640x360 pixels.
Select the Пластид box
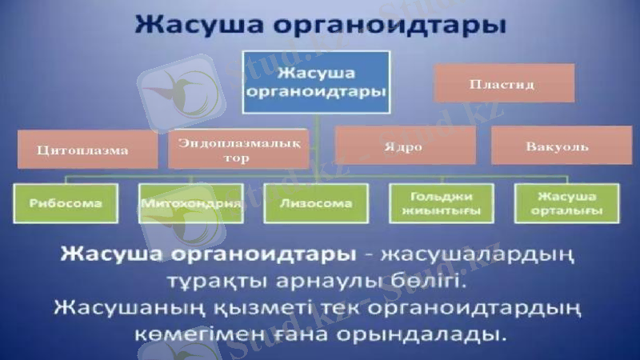click(504, 83)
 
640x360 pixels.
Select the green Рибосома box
click(66, 203)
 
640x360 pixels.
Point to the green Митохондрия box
click(190, 203)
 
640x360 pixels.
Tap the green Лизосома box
click(316, 203)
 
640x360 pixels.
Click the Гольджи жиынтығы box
click(441, 203)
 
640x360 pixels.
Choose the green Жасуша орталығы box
click(567, 203)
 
